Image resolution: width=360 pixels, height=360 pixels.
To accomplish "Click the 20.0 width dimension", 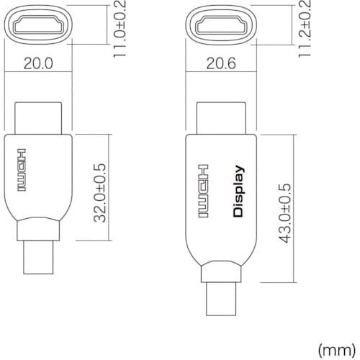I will (x=37, y=63).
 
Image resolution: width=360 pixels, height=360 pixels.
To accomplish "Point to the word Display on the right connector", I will (x=239, y=191).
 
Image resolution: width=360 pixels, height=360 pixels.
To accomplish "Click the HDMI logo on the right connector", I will (x=204, y=191).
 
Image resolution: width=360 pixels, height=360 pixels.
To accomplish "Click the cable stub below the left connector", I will (x=37, y=258).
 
